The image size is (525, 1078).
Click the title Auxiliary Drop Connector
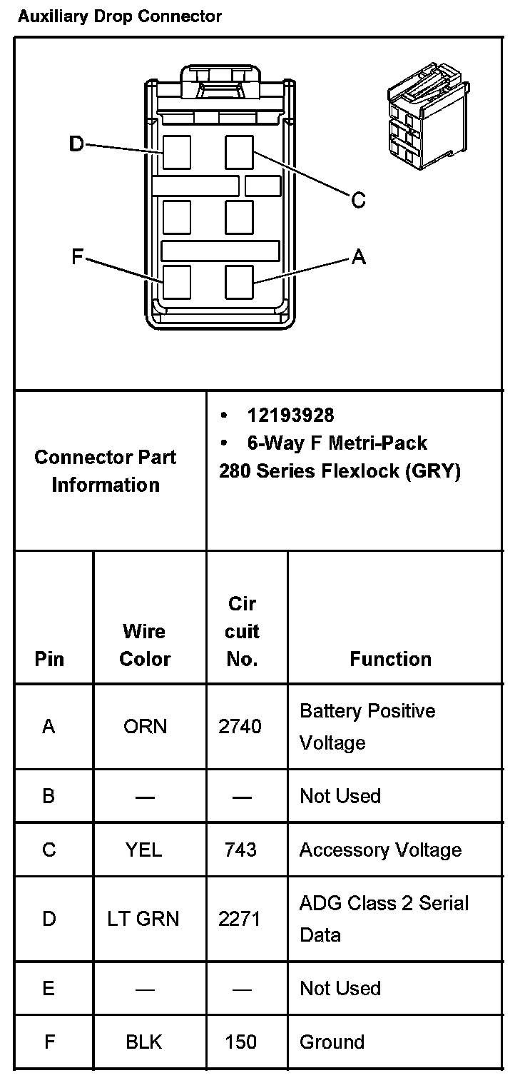pos(119,16)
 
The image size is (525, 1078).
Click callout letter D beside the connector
pos(76,144)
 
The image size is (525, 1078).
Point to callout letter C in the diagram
pos(359,201)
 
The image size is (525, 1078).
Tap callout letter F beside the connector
pos(78,256)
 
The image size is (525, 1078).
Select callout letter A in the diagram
pos(359,256)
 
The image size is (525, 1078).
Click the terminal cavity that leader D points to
pos(176,152)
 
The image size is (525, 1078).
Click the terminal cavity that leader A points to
pos(240,282)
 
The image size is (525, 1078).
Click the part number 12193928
pos(290,415)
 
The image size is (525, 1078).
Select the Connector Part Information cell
pos(106,470)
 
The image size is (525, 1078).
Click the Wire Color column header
pos(145,645)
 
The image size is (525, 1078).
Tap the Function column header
pos(390,659)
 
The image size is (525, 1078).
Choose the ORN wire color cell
pos(145,727)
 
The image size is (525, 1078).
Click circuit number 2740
pos(240,727)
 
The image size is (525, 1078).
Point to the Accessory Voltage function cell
pos(380,850)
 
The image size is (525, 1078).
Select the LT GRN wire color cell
pos(145,919)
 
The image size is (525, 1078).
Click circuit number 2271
pos(240,919)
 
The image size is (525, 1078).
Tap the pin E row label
pos(49,988)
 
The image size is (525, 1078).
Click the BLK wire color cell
pos(144,1042)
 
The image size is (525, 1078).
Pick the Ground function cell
pos(332,1042)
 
